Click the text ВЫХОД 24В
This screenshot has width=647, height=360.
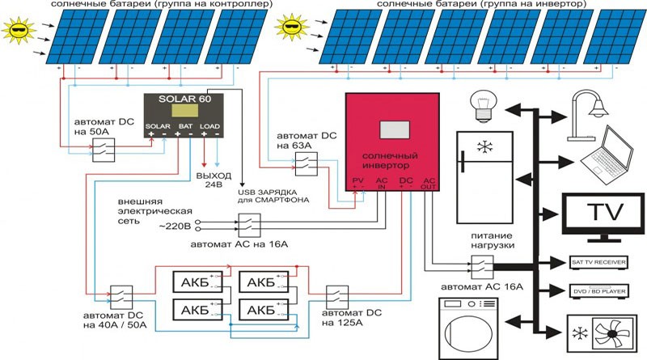[214, 180]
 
